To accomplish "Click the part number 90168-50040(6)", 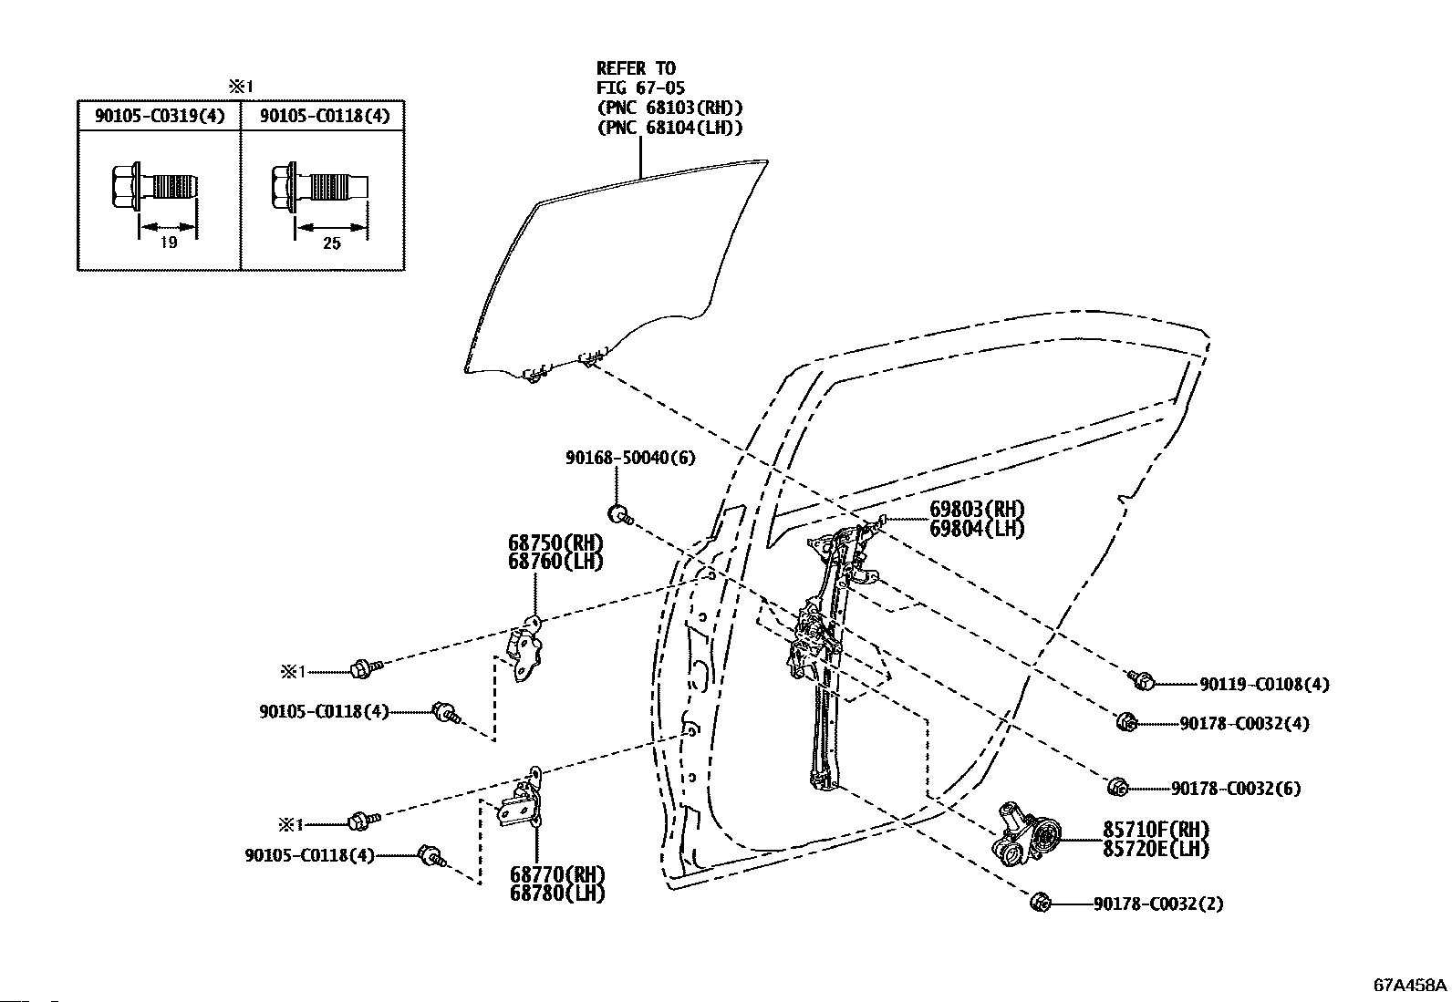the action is coord(630,458).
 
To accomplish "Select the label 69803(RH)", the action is coord(977,509).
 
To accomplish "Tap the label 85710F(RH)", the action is coord(1156,829).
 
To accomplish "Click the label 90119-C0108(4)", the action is coord(1264,684).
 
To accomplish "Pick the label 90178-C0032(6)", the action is coord(1236,788).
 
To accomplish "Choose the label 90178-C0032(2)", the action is coord(1158,904).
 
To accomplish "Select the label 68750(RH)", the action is coord(555,542).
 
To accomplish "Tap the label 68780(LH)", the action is coord(557,894).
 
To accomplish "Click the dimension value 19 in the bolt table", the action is coord(169,243).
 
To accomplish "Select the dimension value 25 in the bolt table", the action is coord(332,243).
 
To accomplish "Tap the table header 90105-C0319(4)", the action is coord(160,116).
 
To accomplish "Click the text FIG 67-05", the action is coord(640,88).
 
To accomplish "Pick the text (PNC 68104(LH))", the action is coord(669,127).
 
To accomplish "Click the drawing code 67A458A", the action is coord(1410,985).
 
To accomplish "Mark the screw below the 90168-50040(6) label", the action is coord(620,514).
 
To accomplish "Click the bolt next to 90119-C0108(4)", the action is coord(1141,680).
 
